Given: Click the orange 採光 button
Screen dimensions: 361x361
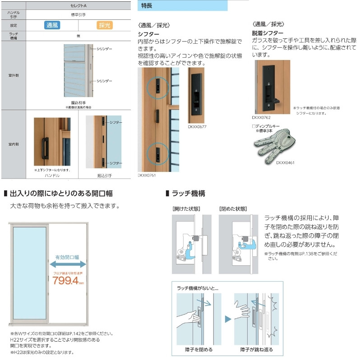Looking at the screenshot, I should coord(105,25).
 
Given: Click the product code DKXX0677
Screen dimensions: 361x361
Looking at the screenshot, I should coord(197,127).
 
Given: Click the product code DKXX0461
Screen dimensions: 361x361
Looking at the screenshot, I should coord(285,162).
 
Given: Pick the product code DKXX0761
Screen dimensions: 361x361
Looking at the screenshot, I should coord(147,175).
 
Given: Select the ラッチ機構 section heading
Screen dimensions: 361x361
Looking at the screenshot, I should coord(189,193).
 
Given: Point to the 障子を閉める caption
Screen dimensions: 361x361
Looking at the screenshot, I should coord(199,349).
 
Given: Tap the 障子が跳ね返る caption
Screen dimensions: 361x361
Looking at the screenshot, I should coord(256,349).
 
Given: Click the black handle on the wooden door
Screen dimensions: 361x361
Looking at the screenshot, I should coord(45,148).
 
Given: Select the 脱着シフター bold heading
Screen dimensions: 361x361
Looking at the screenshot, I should coord(268,33).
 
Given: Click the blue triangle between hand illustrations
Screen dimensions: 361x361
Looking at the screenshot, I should coord(227,318).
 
